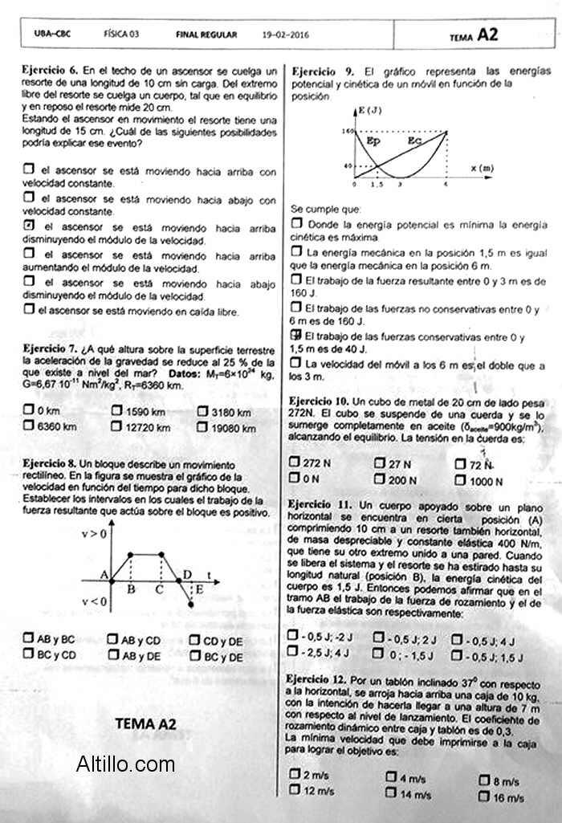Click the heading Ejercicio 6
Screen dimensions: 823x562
tap(50, 71)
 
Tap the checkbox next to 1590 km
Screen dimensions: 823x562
tap(118, 412)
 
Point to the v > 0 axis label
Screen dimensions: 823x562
tap(95, 532)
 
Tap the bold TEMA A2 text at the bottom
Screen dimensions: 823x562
tap(145, 723)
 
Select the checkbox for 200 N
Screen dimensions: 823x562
tap(380, 479)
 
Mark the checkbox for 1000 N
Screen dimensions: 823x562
tap(460, 480)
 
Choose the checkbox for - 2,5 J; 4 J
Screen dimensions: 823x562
tap(293, 652)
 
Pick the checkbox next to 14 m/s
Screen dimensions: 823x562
tap(391, 792)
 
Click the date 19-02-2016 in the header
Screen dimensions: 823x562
tap(285, 35)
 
